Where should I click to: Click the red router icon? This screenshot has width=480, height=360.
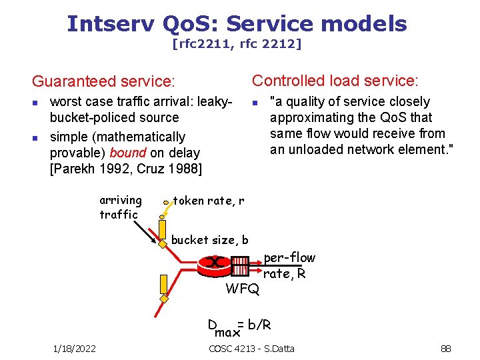[x=214, y=263]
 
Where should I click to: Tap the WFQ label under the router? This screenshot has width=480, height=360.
[x=243, y=289]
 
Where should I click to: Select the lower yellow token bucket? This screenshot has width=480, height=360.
[x=163, y=285]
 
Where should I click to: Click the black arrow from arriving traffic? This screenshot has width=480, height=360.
[x=144, y=233]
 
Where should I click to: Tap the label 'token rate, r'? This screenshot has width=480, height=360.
[x=209, y=201]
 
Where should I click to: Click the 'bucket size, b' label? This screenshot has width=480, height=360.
[x=210, y=240]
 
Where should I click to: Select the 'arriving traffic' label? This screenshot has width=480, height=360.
[x=120, y=207]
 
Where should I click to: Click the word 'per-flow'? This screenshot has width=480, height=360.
[x=289, y=258]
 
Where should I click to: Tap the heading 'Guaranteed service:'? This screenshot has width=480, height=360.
[x=103, y=81]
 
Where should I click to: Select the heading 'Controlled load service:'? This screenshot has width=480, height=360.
[x=335, y=81]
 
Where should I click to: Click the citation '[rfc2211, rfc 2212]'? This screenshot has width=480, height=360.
[x=237, y=45]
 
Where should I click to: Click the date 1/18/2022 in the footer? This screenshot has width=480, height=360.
[x=74, y=348]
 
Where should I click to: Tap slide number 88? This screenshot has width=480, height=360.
[x=446, y=348]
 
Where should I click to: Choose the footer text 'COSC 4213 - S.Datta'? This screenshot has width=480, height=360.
[x=251, y=348]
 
